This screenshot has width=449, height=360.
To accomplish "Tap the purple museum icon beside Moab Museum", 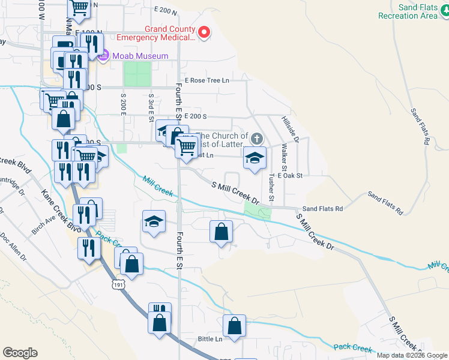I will coord(103,56).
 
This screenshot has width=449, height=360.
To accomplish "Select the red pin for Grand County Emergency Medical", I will coord(204,32).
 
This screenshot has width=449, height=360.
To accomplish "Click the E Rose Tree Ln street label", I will coord(207,80).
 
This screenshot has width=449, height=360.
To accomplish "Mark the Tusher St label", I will coord(271,188).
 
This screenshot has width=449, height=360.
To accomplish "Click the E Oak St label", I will coord(289,175).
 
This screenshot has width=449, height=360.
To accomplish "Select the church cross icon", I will coord(256,139).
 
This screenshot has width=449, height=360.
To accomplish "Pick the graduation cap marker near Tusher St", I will coord(255,159).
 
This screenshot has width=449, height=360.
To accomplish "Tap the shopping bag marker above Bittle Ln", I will coord(234,327).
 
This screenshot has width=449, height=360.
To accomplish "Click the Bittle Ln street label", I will coord(210,339).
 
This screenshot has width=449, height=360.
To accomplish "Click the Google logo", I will coord(20,353).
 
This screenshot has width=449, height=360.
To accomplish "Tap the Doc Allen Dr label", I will coord(14,246).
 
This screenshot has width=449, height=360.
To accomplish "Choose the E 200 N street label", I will coord(166,11).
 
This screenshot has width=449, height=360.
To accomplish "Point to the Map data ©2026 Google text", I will coord(411,355).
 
